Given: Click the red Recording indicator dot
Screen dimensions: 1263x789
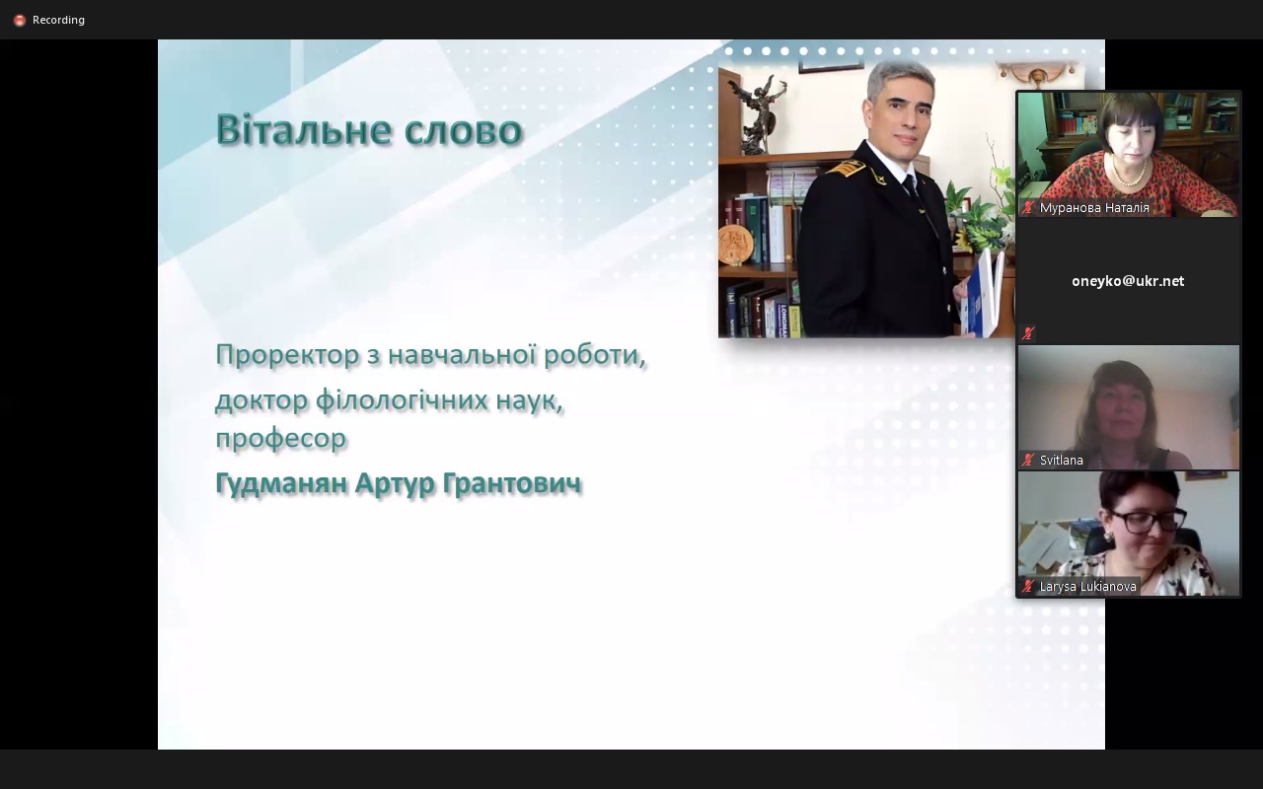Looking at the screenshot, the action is tap(20, 21).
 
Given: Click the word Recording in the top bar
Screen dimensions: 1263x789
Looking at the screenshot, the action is tap(58, 20).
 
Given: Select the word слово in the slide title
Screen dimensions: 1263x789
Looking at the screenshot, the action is tap(464, 130).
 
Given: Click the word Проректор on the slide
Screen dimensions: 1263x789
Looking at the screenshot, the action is tap(287, 356).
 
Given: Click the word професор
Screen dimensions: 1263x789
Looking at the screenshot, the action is tap(281, 438).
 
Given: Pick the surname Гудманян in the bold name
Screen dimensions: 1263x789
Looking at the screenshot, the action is tap(281, 483).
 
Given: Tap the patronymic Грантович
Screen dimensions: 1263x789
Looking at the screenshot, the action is tap(512, 483).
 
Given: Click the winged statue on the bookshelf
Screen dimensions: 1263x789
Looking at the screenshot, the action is tap(759, 112).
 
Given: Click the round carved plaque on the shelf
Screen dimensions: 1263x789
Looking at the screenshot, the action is tap(736, 244).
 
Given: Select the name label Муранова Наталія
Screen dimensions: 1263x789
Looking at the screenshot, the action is tap(1094, 208).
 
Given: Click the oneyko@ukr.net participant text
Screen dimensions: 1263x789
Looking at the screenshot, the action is tap(1128, 281).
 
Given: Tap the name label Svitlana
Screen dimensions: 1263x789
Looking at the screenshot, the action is tap(1061, 460).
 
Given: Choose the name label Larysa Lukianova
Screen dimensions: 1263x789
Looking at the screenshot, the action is tap(1087, 587).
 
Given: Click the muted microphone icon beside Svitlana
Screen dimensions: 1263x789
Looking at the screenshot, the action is tap(1028, 460).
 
